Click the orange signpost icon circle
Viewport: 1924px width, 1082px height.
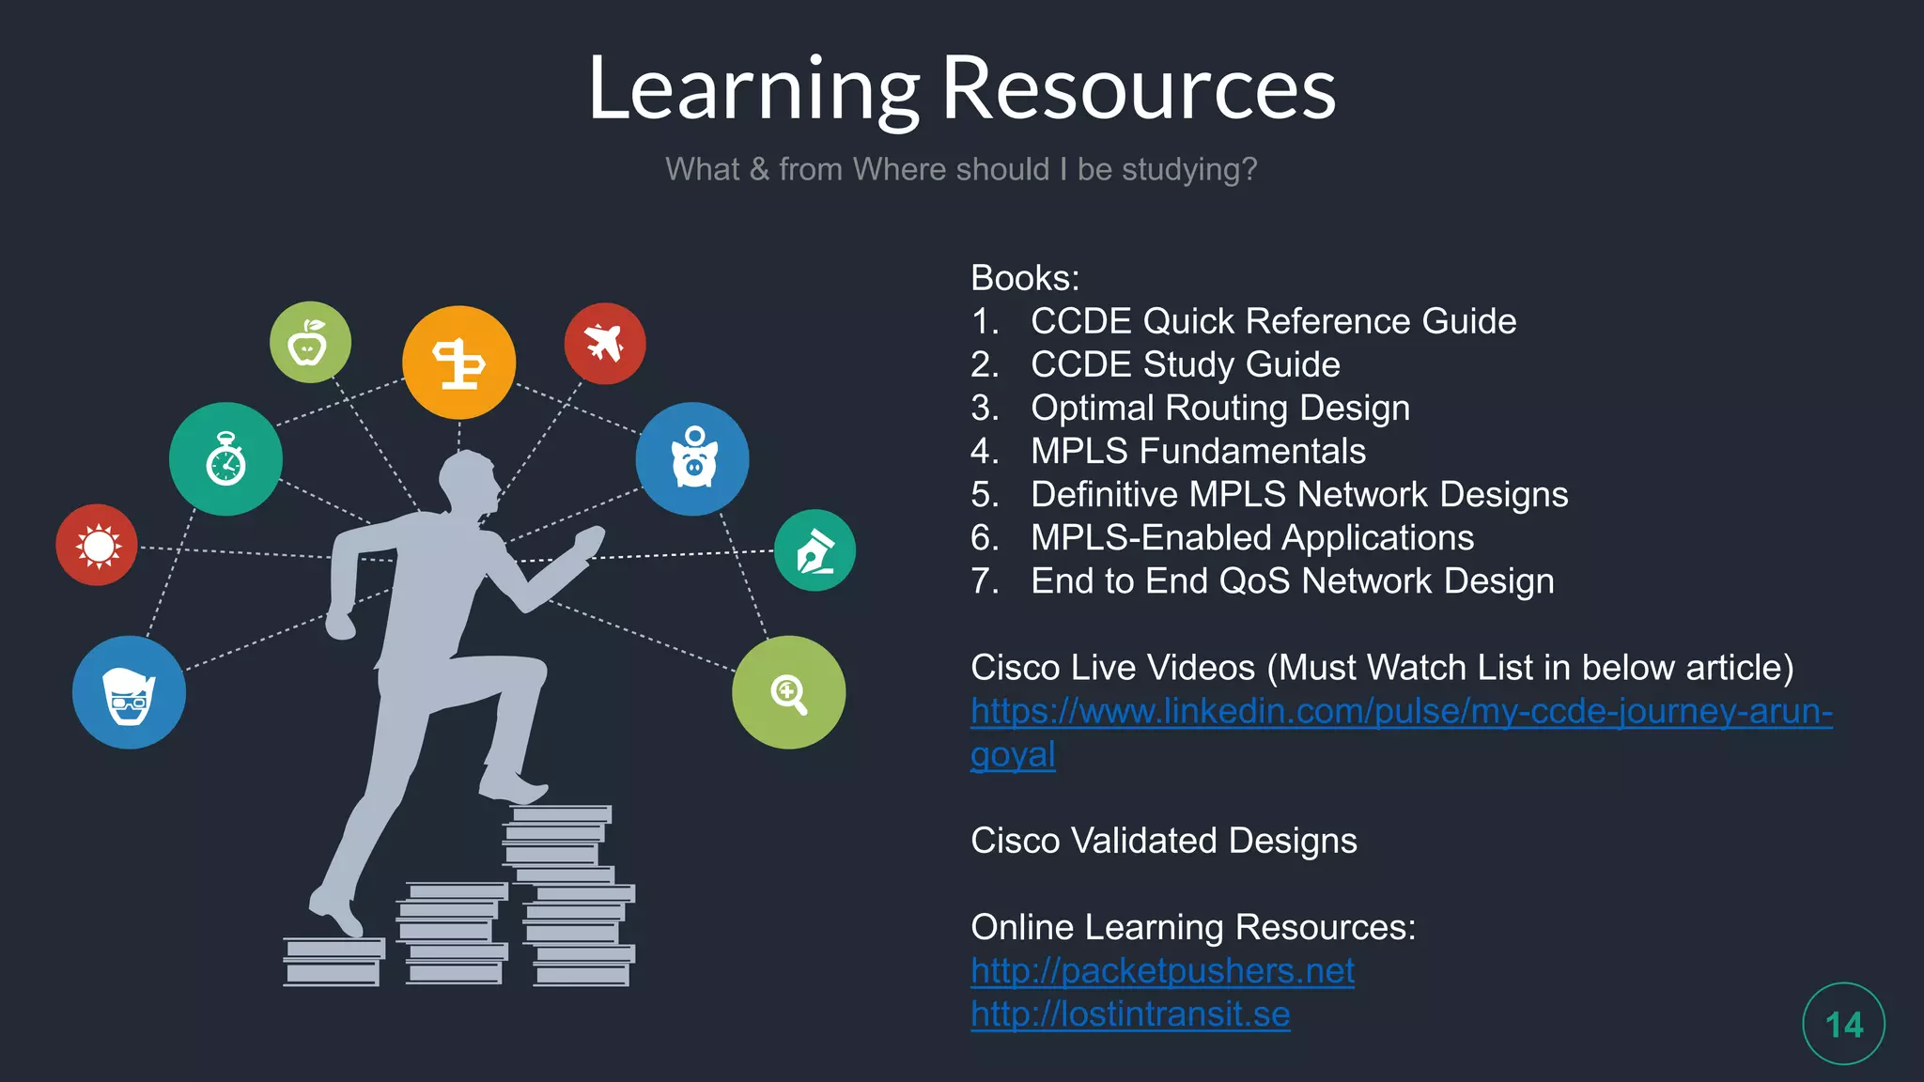pyautogui.click(x=458, y=363)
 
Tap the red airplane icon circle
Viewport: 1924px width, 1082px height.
pyautogui.click(x=605, y=344)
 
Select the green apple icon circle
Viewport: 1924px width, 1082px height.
pyautogui.click(x=310, y=342)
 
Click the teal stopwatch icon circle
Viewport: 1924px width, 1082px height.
pyautogui.click(x=225, y=459)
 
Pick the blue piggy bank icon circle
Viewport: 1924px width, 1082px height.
pyautogui.click(x=692, y=459)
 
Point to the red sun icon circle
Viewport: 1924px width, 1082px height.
pyautogui.click(x=97, y=545)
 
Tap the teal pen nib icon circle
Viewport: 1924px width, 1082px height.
pyautogui.click(x=815, y=550)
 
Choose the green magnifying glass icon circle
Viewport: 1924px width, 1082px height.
pyautogui.click(x=788, y=692)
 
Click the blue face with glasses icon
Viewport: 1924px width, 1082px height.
pyautogui.click(x=129, y=692)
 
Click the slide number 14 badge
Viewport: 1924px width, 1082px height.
pyautogui.click(x=1843, y=1024)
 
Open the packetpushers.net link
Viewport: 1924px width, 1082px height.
pyautogui.click(x=1162, y=971)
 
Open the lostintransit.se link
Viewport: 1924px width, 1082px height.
pyautogui.click(x=1130, y=1014)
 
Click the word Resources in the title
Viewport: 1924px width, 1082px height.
pyautogui.click(x=1138, y=88)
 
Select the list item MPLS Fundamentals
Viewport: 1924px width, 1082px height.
pyautogui.click(x=1198, y=451)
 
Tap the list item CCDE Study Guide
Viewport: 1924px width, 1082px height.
pyautogui.click(x=1185, y=364)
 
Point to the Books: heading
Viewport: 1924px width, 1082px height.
pyautogui.click(x=1025, y=278)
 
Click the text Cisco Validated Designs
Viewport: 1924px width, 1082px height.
pyautogui.click(x=1163, y=841)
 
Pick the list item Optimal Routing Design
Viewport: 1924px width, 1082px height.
pyautogui.click(x=1219, y=408)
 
